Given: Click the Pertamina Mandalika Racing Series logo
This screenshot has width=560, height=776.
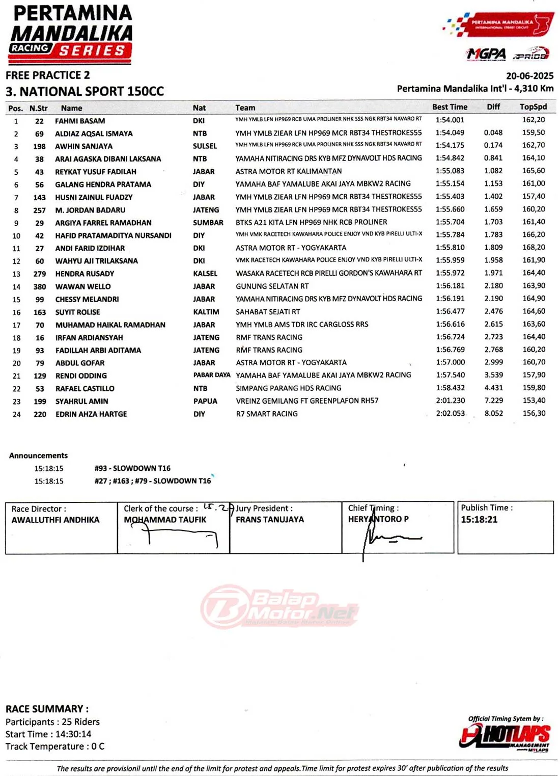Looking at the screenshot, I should pyautogui.click(x=71, y=35).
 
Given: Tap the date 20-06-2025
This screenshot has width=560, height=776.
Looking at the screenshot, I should pyautogui.click(x=529, y=76).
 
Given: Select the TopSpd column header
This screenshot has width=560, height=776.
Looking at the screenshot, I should pyautogui.click(x=533, y=107).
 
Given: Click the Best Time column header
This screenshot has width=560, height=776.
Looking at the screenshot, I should pyautogui.click(x=450, y=107).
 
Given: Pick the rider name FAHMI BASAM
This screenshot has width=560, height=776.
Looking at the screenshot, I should pyautogui.click(x=80, y=121).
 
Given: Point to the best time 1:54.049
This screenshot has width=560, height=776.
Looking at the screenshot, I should pyautogui.click(x=450, y=132).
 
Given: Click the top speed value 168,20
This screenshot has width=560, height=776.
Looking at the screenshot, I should pyautogui.click(x=534, y=247).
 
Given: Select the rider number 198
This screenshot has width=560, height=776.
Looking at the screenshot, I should pyautogui.click(x=39, y=146).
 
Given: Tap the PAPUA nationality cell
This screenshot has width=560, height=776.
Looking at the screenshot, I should pyautogui.click(x=205, y=402).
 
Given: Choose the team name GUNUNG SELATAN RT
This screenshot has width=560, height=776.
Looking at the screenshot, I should pyautogui.click(x=272, y=286).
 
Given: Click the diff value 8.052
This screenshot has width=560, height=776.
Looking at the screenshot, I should pyautogui.click(x=493, y=413).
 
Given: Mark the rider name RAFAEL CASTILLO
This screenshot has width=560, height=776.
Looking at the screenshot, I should pyautogui.click(x=85, y=389).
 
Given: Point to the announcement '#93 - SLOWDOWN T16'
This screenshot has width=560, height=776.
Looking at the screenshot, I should pyautogui.click(x=132, y=468).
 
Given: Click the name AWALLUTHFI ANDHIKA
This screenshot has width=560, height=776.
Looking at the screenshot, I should pyautogui.click(x=55, y=520).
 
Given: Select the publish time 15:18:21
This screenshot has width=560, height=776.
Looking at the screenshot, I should pyautogui.click(x=479, y=520).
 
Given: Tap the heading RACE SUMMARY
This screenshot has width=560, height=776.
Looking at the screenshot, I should pyautogui.click(x=47, y=709).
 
